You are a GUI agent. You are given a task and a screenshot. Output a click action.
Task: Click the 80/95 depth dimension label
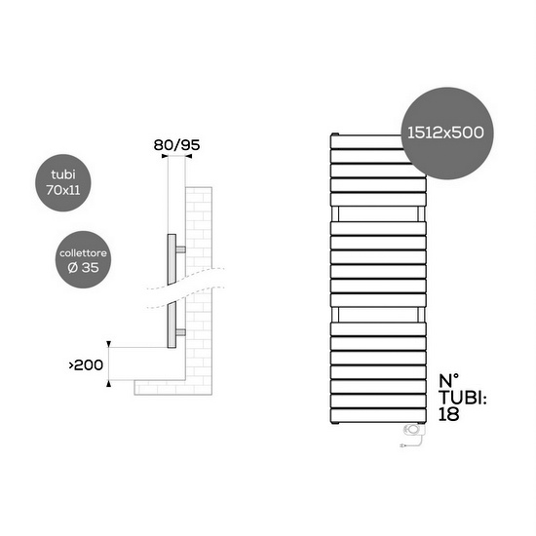click(176, 145)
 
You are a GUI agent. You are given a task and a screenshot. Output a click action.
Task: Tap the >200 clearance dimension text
click(85, 365)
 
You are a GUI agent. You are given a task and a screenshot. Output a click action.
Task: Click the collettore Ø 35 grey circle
click(81, 259)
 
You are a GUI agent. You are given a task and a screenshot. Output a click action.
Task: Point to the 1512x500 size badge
click(444, 130)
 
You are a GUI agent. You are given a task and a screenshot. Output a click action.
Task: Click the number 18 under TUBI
click(451, 413)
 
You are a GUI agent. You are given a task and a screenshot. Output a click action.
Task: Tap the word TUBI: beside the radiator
click(461, 398)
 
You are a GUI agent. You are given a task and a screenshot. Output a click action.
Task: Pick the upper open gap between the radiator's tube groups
click(379, 213)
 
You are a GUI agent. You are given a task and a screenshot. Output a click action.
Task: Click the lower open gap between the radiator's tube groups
click(379, 314)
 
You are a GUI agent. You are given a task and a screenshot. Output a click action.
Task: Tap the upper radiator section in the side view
click(172, 258)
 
